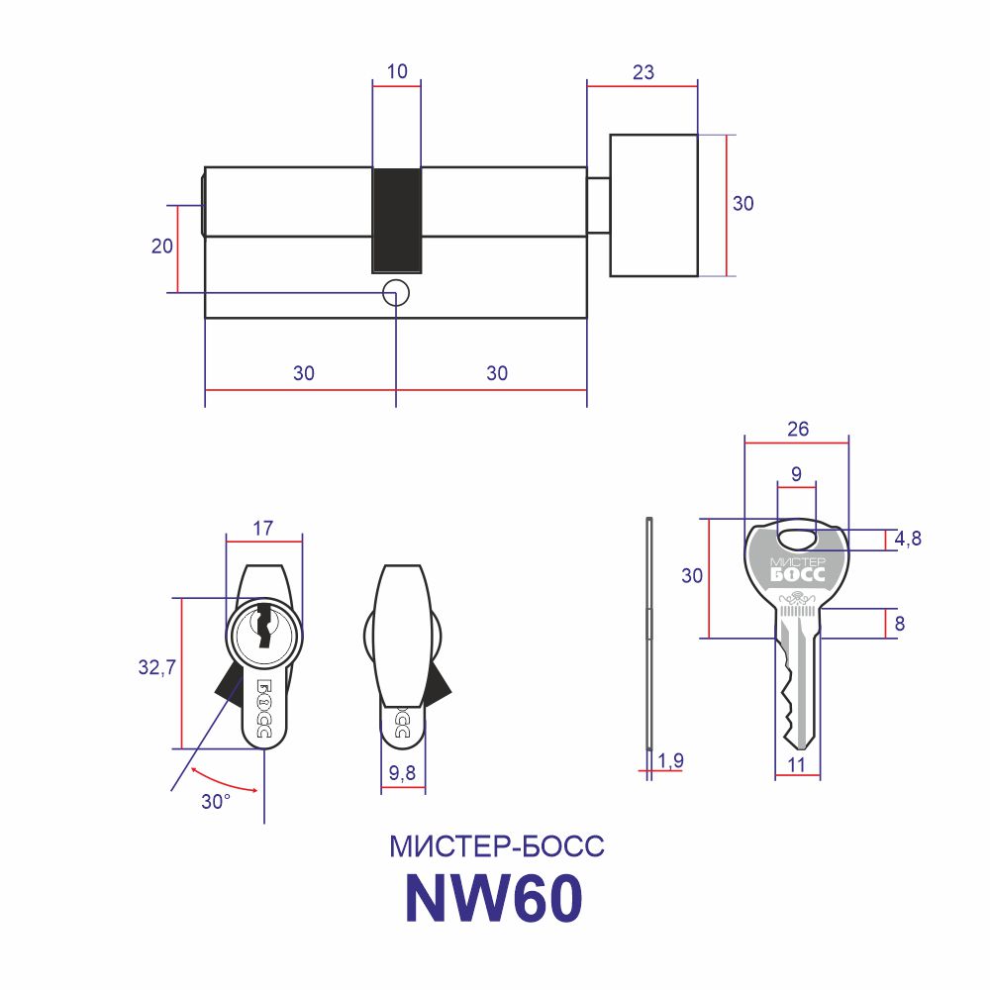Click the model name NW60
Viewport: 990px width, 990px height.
coord(494,898)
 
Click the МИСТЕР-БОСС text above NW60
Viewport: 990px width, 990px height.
coord(496,846)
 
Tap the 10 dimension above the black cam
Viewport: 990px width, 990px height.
coord(397,71)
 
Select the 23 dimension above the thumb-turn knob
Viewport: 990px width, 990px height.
coord(643,72)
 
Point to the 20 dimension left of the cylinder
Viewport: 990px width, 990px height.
coord(161,247)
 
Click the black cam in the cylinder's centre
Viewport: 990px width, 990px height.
coord(397,221)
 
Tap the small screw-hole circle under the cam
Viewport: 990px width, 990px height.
coord(396,294)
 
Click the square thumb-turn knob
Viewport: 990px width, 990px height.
coord(653,205)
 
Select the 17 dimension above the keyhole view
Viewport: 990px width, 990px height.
coord(262,528)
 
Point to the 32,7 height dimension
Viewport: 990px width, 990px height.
coord(156,666)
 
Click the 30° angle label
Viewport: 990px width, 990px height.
coord(216,802)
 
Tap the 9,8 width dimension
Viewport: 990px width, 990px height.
coord(402,772)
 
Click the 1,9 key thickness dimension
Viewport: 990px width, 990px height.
coord(670,760)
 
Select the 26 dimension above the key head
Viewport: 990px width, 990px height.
coord(797,430)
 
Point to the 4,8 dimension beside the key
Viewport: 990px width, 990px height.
coord(907,539)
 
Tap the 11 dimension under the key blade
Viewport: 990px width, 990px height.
coord(797,764)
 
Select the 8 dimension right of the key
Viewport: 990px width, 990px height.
coord(900,624)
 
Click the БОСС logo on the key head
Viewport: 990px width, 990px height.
coord(797,574)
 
